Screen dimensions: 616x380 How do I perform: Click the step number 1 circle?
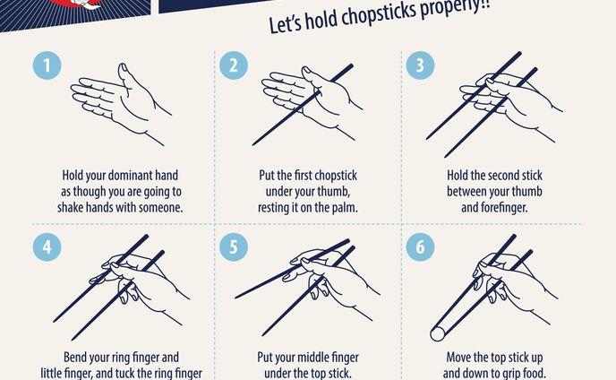(47, 65)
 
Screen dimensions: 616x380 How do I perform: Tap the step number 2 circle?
(234, 65)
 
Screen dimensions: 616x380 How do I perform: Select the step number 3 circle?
(420, 65)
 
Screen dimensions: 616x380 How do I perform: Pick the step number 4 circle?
(47, 247)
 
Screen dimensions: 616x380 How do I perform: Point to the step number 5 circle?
(234, 247)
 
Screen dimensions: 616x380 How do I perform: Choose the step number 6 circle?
(420, 247)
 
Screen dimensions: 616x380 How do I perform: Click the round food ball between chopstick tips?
(437, 334)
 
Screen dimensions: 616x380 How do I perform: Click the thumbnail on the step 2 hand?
(307, 70)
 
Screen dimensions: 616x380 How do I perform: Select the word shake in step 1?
(72, 207)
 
